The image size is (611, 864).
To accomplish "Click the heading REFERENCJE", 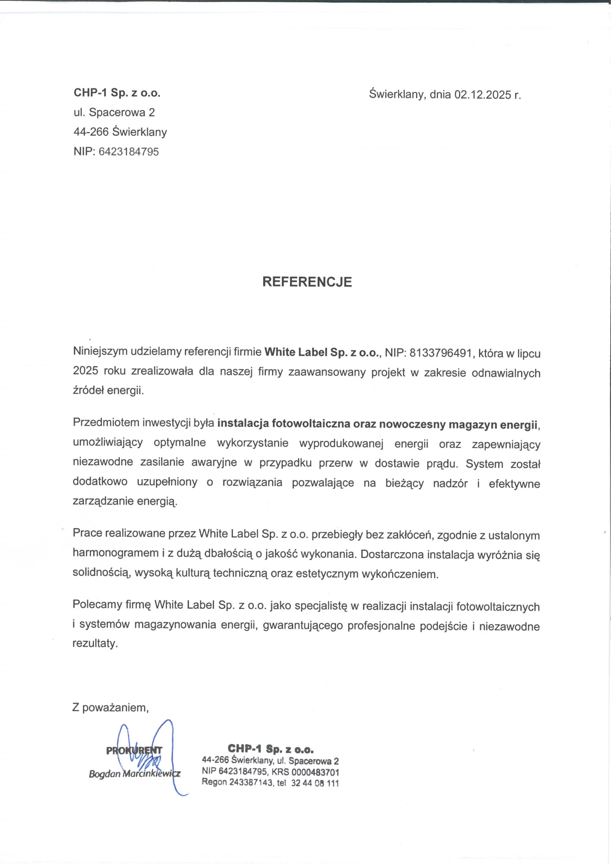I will [x=307, y=282].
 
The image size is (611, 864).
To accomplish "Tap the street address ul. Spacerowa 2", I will [x=114, y=112].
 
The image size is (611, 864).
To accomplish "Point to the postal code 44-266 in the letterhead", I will [x=91, y=132].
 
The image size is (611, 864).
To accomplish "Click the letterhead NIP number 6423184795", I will [x=129, y=152].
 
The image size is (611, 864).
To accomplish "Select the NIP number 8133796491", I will [x=440, y=353].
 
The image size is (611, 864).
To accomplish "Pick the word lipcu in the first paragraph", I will [x=529, y=354].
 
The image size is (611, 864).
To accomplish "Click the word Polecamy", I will [x=97, y=605].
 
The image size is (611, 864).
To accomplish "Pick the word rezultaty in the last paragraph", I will [x=94, y=643].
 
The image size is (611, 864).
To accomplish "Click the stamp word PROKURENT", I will [x=134, y=751].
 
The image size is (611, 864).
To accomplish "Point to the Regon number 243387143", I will [x=251, y=783].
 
